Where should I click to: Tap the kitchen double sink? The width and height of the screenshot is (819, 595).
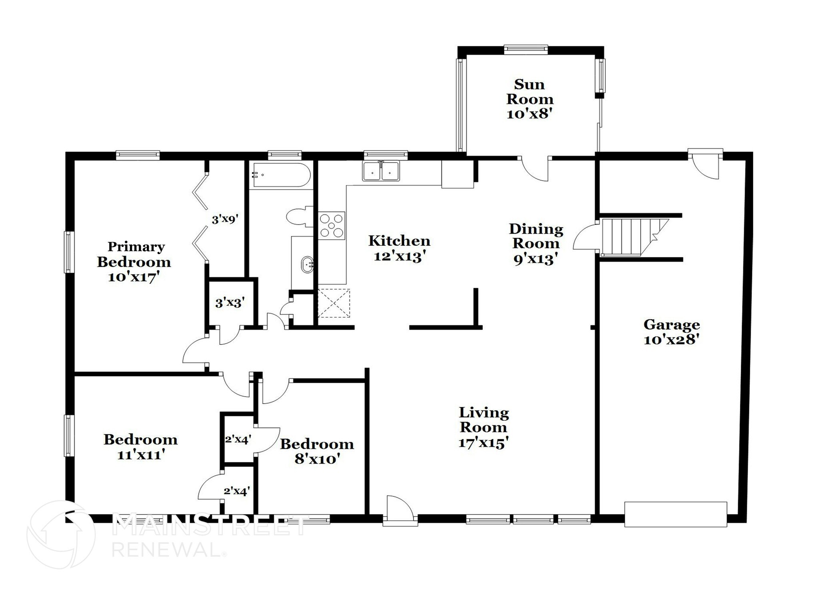pyautogui.click(x=381, y=171)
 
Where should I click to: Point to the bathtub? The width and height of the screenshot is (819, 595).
pyautogui.click(x=280, y=175)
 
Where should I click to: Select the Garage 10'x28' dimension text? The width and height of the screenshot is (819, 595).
pyautogui.click(x=671, y=340)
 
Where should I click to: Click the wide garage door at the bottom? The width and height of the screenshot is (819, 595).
pyautogui.click(x=675, y=514)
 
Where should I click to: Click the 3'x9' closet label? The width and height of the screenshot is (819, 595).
pyautogui.click(x=225, y=219)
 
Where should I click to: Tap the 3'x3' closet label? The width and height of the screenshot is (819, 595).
pyautogui.click(x=230, y=303)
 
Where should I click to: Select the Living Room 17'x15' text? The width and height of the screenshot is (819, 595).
pyautogui.click(x=483, y=443)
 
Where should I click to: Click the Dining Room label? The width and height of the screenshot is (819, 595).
pyautogui.click(x=536, y=236)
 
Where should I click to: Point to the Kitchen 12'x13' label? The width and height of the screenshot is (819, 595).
pyautogui.click(x=399, y=249)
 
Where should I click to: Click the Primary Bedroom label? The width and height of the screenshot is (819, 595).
pyautogui.click(x=134, y=255)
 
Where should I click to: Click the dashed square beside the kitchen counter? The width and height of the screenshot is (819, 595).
pyautogui.click(x=334, y=303)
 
